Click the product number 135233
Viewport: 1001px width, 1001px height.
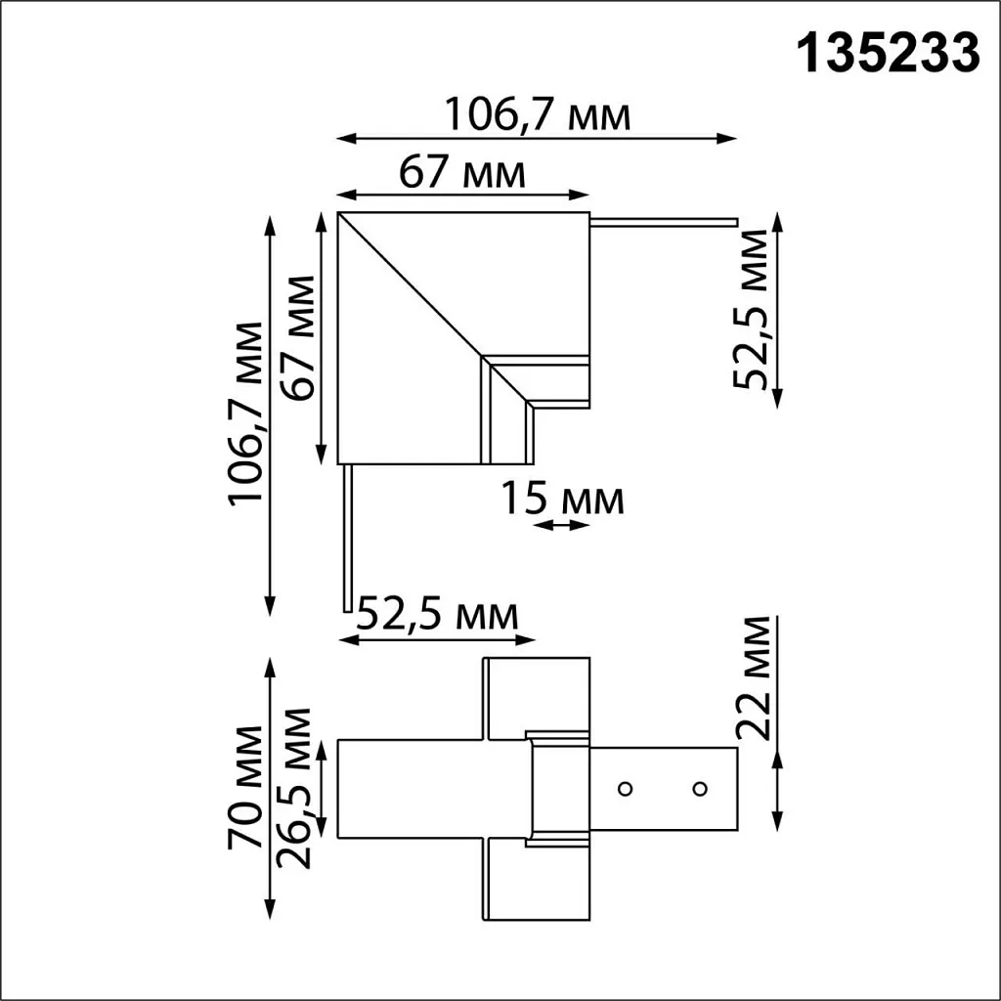coord(890,54)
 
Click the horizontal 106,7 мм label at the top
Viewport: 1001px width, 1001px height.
coord(537,115)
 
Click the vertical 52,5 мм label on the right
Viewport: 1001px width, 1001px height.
coord(754,309)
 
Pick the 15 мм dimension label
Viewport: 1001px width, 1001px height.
coord(562,500)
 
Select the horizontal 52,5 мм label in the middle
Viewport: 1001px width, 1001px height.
coord(436,615)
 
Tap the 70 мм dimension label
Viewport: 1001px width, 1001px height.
coord(244,788)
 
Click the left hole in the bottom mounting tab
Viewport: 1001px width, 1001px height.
coord(625,787)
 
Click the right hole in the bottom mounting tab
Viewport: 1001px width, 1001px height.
coord(699,787)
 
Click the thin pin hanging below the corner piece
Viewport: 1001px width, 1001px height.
coord(346,538)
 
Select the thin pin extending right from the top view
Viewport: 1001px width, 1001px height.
coord(665,222)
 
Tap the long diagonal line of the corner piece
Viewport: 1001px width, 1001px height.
coord(411,283)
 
